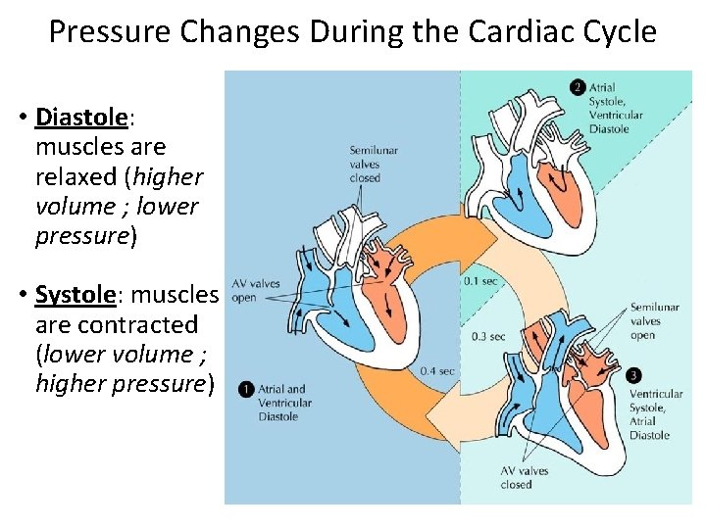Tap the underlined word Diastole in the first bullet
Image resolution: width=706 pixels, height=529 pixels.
coord(81,118)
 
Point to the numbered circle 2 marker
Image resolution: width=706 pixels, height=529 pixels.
coord(578,88)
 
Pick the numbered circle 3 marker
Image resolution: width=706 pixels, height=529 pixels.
coord(634,375)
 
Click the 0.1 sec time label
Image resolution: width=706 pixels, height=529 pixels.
coord(481,281)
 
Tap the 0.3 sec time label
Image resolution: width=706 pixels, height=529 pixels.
coord(488,336)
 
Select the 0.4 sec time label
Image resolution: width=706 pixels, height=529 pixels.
coord(438,371)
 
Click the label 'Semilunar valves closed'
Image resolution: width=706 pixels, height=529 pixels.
coord(374,164)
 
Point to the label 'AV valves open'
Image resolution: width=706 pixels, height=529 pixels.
coord(256,290)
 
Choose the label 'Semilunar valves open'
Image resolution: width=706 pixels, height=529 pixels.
coord(654,320)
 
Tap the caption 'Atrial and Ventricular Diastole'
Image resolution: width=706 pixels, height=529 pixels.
coord(285,403)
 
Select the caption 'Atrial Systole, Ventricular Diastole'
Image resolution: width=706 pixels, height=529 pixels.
coord(616,108)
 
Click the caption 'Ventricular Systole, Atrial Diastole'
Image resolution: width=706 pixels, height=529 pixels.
coord(655,414)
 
